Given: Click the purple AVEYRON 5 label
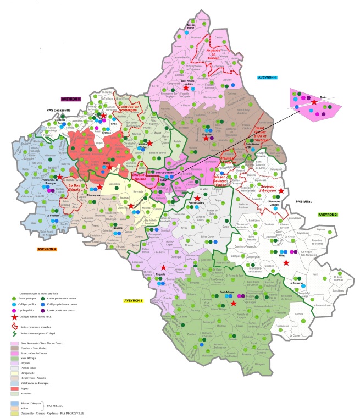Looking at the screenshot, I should [71, 99].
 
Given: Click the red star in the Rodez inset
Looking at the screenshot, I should [314, 102].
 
